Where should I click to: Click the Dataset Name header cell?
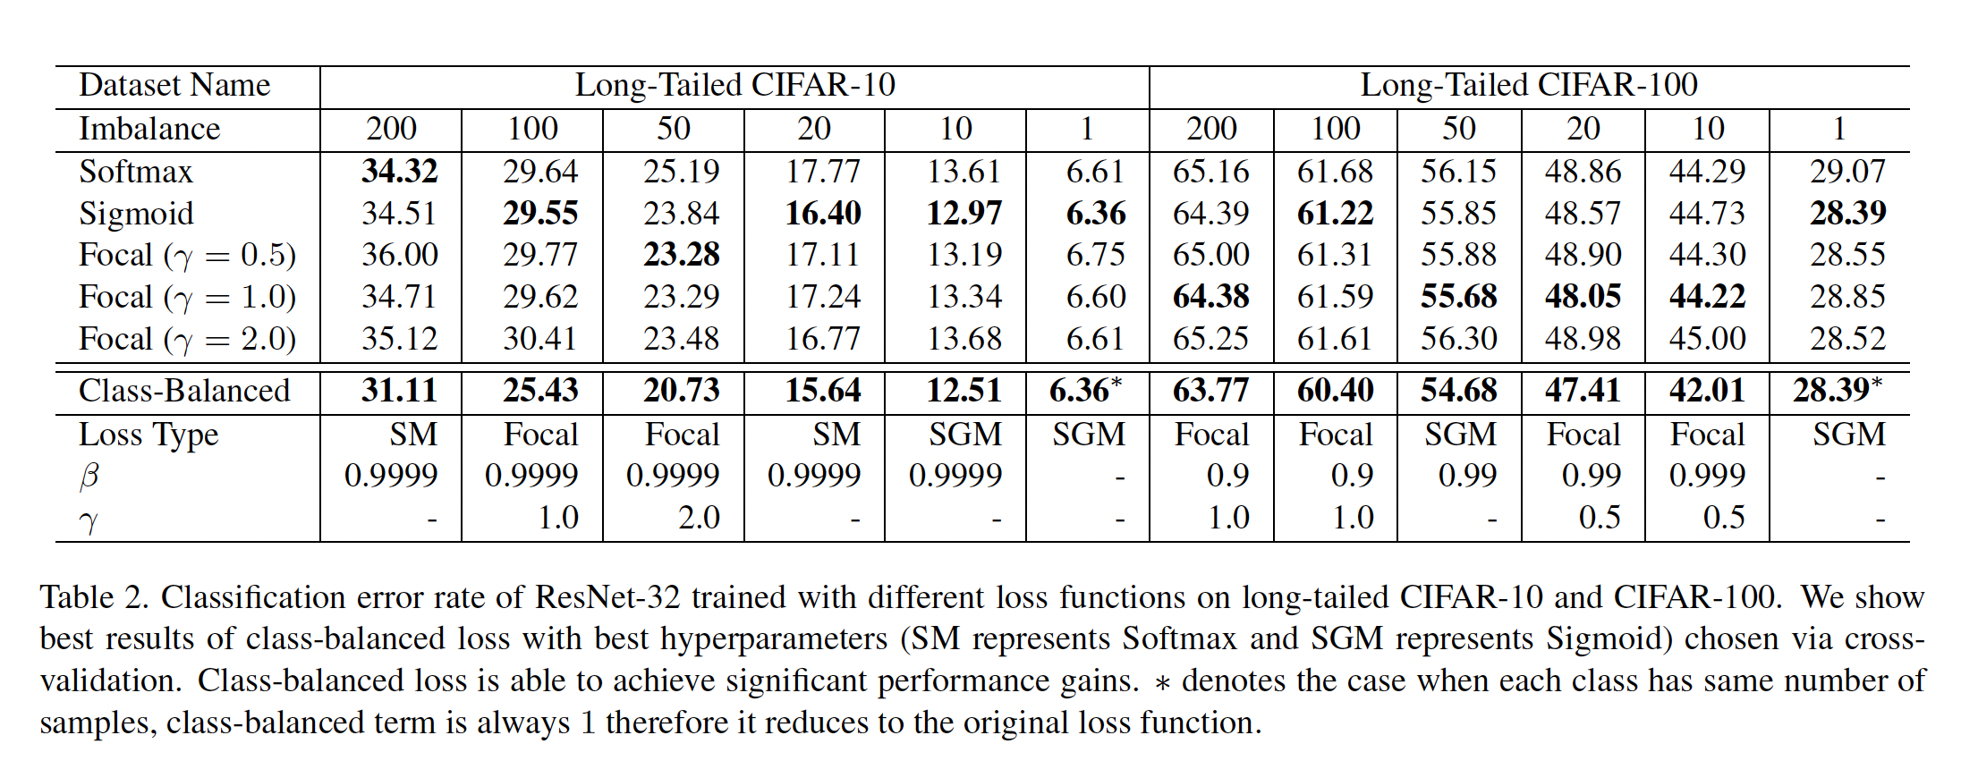(174, 86)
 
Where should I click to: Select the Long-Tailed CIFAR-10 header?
(734, 86)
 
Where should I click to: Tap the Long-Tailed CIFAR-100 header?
(1529, 86)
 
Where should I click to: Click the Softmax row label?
(136, 172)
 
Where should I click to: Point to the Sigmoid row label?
(136, 214)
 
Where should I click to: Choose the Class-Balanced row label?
(184, 391)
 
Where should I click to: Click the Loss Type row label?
(149, 435)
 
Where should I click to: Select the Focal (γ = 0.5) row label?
(187, 256)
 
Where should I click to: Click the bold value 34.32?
(399, 172)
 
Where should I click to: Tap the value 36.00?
(399, 256)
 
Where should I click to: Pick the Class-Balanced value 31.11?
(399, 391)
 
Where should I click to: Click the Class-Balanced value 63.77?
(1210, 391)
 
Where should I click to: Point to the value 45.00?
(1707, 339)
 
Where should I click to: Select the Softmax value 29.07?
(1847, 172)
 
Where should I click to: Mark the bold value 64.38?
(1210, 297)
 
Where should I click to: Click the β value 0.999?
(1707, 476)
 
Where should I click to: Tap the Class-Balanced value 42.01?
(1707, 391)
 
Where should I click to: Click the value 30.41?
(540, 339)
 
